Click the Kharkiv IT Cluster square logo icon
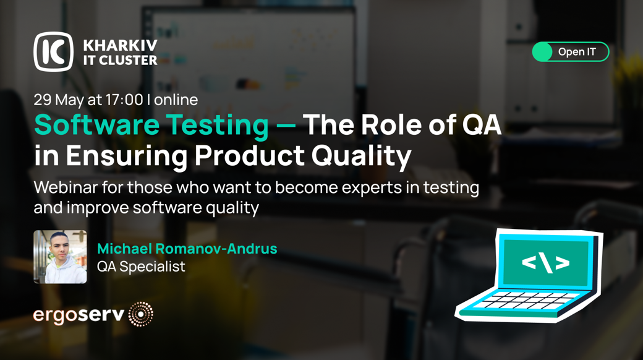point(53,52)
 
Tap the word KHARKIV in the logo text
point(120,45)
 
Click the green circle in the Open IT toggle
point(543,52)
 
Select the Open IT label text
point(577,52)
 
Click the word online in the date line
point(176,100)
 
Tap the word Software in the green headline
point(97,124)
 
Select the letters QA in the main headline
point(482,124)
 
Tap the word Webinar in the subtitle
point(66,187)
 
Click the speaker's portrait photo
point(61,257)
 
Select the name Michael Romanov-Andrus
point(187,248)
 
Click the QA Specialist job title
point(141,267)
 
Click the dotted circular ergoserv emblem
point(141,314)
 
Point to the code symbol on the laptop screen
point(545,263)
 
